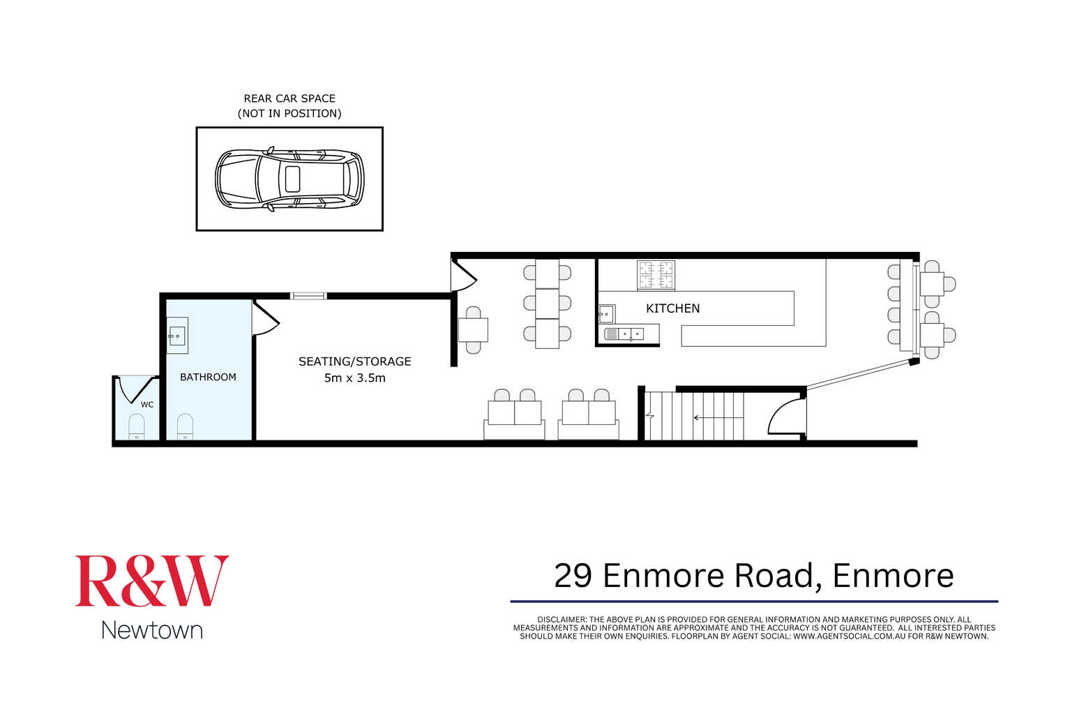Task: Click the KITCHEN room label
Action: (672, 308)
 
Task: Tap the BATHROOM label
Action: (208, 377)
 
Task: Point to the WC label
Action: (147, 405)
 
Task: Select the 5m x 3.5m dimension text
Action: (354, 378)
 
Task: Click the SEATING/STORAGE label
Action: (354, 362)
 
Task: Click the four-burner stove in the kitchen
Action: (656, 275)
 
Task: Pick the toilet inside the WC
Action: (137, 426)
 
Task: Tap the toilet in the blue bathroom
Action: (185, 426)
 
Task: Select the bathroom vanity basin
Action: (176, 336)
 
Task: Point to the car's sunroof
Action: (292, 179)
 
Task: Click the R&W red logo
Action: (152, 581)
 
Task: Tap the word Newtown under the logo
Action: (152, 630)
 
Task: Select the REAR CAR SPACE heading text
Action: (289, 98)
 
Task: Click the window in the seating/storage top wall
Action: (308, 297)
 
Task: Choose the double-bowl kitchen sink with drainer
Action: (624, 334)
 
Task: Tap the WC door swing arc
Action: (133, 390)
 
